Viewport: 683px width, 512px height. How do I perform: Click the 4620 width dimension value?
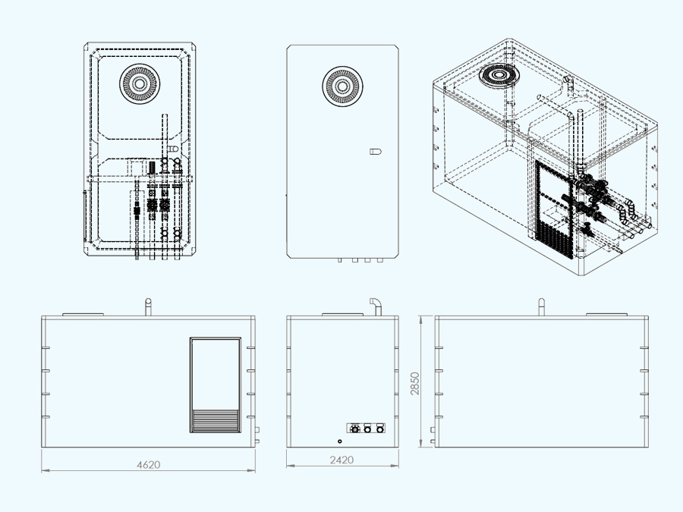148,464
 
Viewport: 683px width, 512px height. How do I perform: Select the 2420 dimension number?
342,460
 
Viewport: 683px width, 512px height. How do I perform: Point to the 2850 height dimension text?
414,382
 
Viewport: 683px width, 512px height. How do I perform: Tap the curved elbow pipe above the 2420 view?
375,304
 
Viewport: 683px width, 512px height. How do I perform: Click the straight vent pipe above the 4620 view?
149,306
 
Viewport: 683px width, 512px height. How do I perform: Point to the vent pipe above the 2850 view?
541,306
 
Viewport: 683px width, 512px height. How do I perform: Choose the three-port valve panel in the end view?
366,429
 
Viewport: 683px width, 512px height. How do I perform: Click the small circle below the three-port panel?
339,441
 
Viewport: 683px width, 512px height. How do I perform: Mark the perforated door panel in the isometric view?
552,209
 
